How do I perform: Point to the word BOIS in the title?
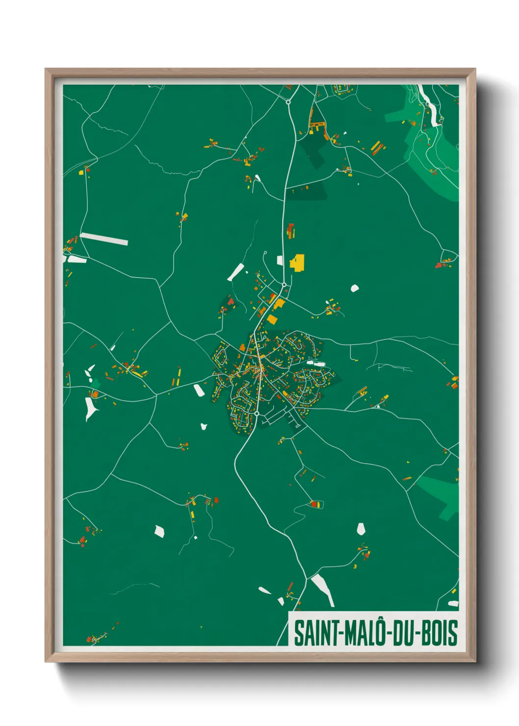coord(439,633)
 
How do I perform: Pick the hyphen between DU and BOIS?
coord(417,633)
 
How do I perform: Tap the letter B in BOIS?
coord(426,633)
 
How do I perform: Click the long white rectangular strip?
coord(104,239)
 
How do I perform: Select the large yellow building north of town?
coord(298,262)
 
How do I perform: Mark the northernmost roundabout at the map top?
coord(288,102)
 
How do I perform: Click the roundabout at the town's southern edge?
coord(257,414)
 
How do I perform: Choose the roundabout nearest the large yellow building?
coord(284,285)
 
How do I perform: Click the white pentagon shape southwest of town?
coord(159,531)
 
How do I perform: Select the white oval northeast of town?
coord(354,288)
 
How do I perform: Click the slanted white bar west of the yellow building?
coord(236,272)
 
